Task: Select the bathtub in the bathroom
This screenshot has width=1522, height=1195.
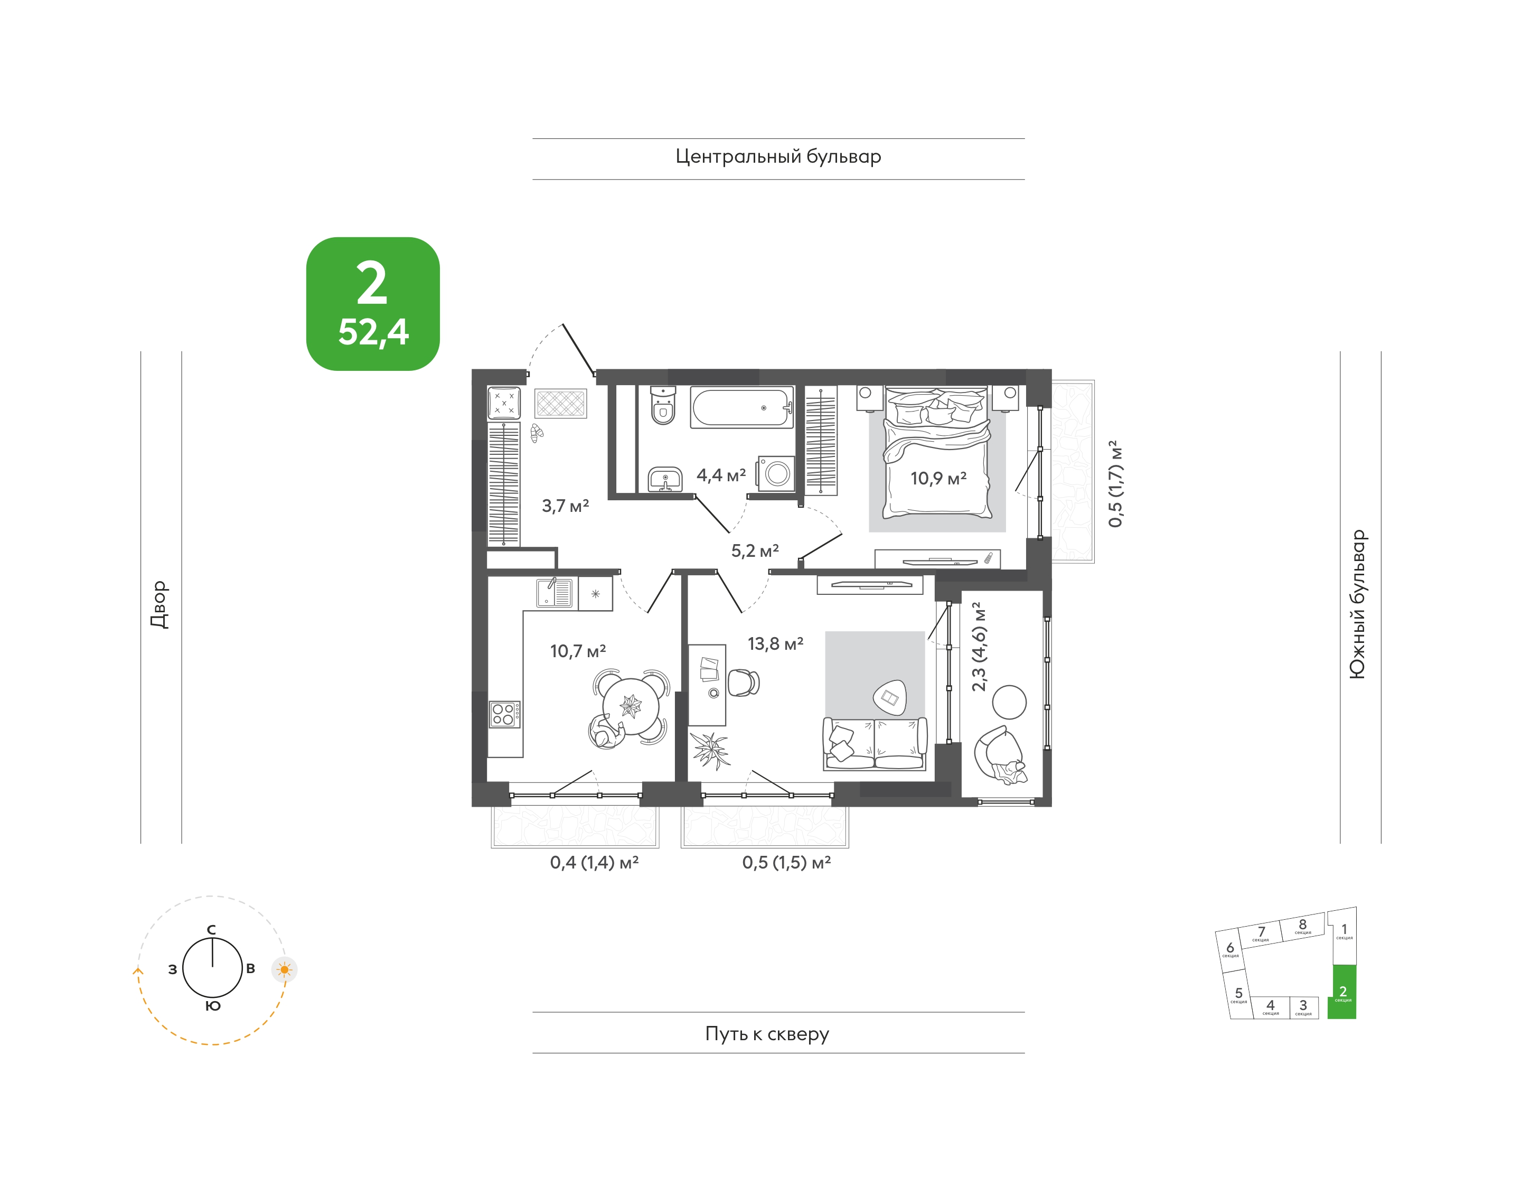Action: pos(742,406)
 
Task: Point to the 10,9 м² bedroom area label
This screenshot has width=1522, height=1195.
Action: pos(938,478)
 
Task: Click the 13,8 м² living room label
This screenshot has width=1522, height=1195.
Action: pos(775,643)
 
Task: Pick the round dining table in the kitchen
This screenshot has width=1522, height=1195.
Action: pos(631,707)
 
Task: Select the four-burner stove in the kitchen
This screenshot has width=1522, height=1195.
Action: pos(504,714)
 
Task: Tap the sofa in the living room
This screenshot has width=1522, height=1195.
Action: pos(875,744)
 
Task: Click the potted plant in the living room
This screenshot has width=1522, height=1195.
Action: pos(709,750)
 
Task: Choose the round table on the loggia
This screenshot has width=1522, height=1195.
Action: pos(1009,702)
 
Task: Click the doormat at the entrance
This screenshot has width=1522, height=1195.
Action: pos(561,404)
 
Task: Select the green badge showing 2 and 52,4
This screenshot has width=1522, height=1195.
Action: pos(373,304)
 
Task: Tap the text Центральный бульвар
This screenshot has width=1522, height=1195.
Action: pos(778,157)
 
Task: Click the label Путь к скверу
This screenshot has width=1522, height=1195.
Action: pos(767,1033)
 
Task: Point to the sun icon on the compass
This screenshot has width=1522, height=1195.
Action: pos(284,970)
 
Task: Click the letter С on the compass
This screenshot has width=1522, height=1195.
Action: pos(211,930)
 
